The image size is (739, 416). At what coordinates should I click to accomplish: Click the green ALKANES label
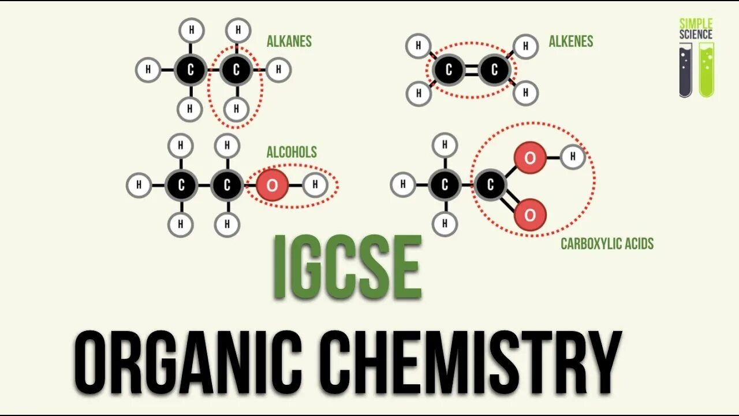pos(289,42)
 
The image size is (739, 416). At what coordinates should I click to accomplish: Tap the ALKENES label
pos(570,42)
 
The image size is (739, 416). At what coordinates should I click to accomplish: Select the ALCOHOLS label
pos(292,153)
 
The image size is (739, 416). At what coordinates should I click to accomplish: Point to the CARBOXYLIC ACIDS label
pos(607,244)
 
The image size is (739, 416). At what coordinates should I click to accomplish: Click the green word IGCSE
pos(347,267)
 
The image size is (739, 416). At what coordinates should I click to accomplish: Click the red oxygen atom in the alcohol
pos(272,185)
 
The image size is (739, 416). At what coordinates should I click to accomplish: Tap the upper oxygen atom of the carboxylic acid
pos(530,157)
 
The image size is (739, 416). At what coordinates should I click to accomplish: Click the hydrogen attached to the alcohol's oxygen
pos(315,185)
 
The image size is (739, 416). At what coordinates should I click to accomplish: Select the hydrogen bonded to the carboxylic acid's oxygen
pos(573,157)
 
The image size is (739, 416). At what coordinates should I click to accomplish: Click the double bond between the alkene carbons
pos(472,70)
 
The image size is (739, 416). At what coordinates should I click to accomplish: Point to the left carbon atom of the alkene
pos(449,70)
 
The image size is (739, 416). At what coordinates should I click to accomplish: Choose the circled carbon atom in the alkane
pos(236,70)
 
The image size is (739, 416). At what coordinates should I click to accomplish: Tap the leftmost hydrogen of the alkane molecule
pos(148,70)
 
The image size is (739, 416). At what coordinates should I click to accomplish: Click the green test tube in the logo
pos(706,72)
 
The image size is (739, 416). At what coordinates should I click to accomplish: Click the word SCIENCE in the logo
pos(696,34)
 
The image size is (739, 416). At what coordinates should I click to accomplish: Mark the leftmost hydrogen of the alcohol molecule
pos(139,185)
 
